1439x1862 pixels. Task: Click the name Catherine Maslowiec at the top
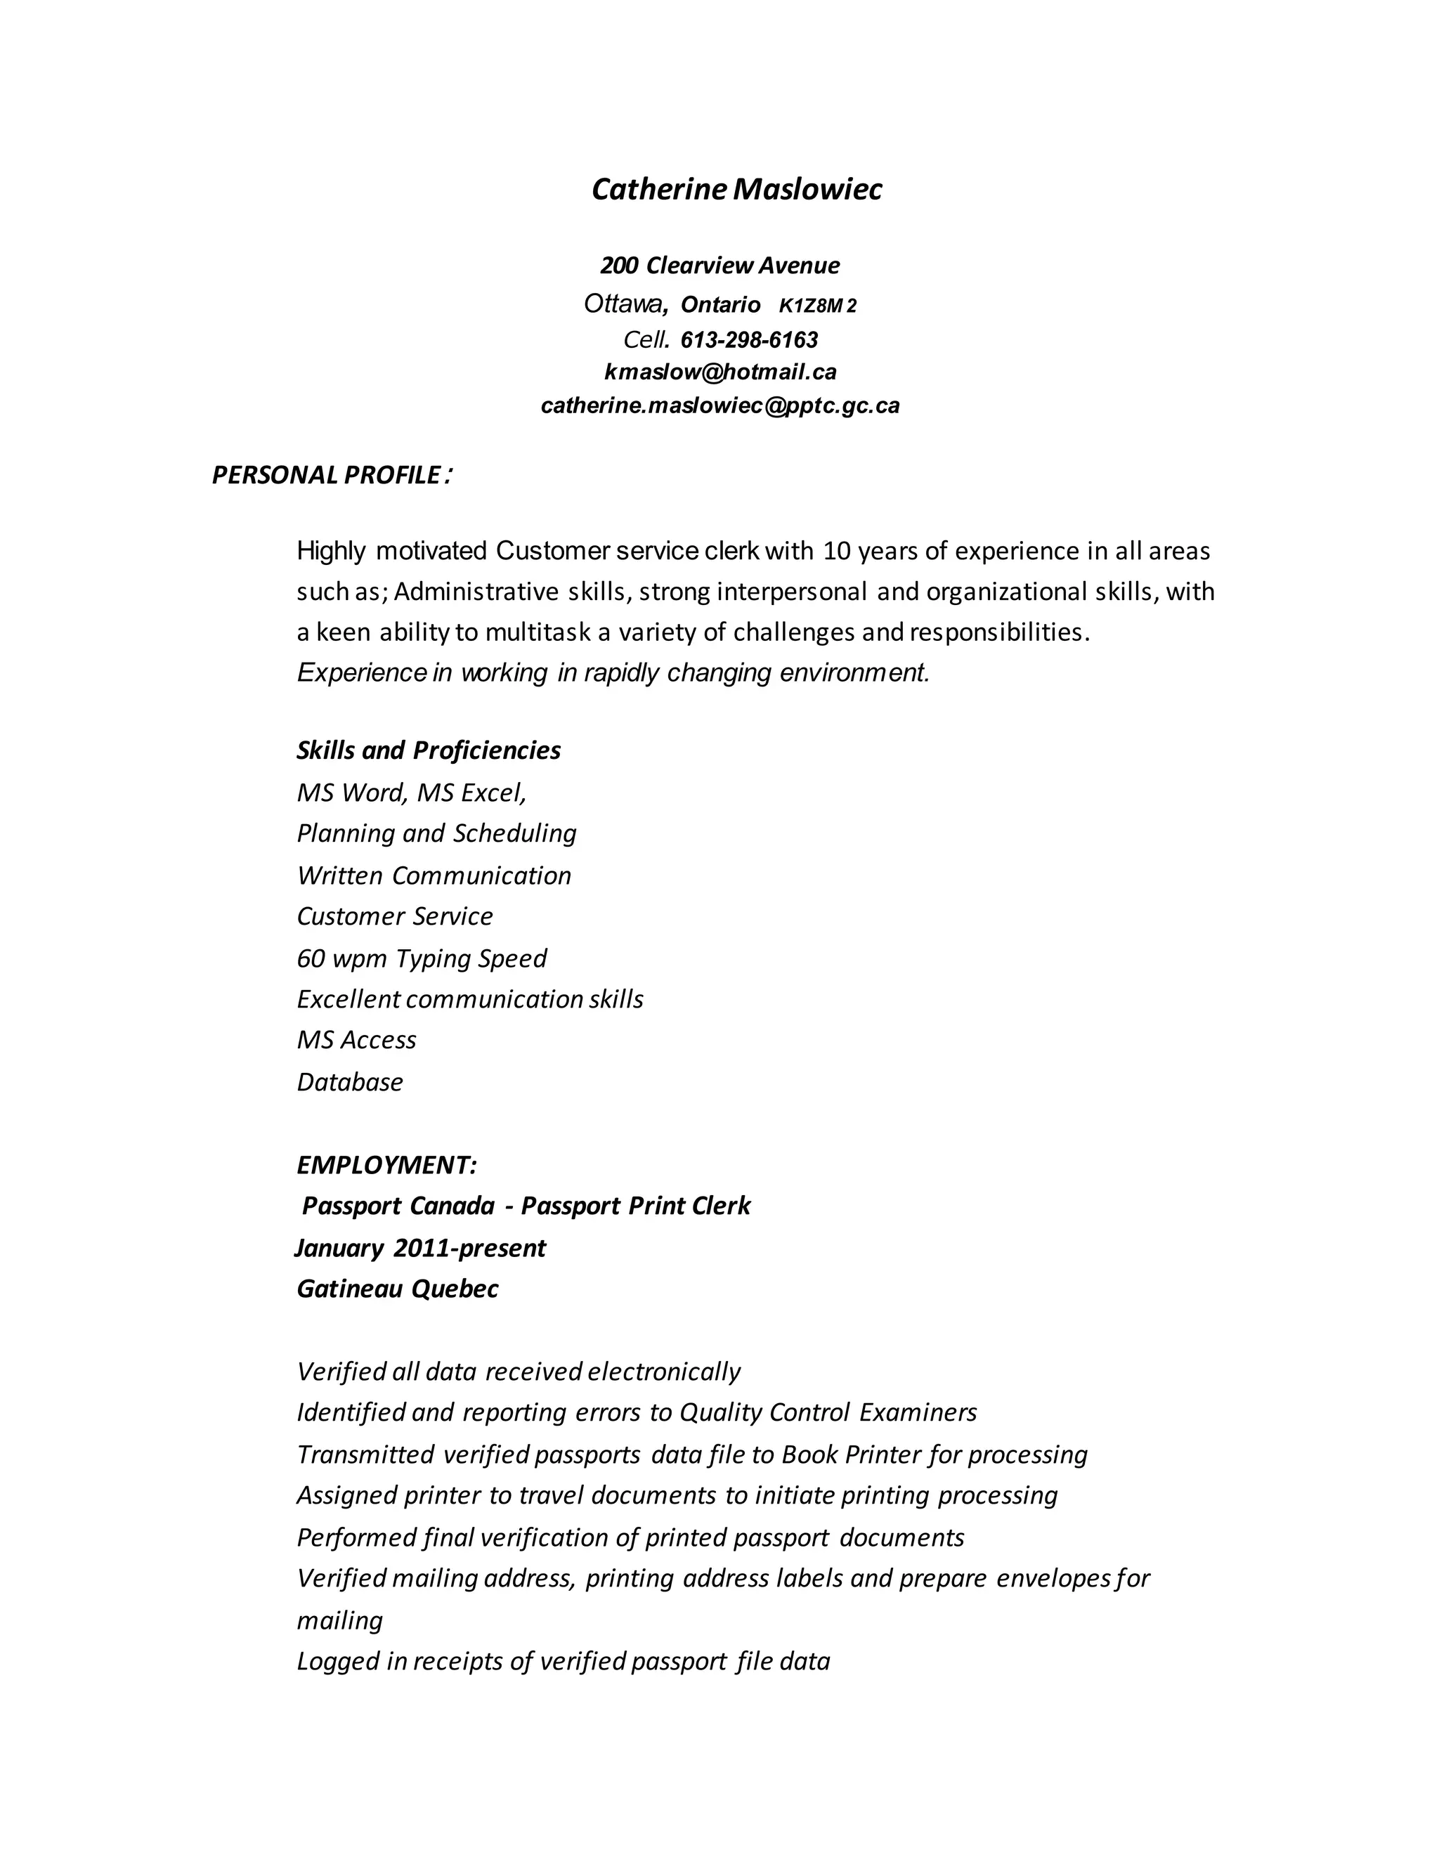click(736, 189)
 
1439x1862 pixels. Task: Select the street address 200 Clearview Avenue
click(719, 266)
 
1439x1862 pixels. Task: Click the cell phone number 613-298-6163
click(748, 340)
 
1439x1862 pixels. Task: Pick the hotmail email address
click(719, 372)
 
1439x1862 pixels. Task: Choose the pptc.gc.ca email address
click(719, 406)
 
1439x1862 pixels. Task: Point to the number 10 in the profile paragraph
click(837, 552)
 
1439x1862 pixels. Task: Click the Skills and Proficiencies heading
click(428, 750)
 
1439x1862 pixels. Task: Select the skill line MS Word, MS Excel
click(411, 793)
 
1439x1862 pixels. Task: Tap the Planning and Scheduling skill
click(436, 833)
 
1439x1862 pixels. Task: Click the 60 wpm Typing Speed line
click(421, 958)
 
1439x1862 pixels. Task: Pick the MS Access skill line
click(356, 1040)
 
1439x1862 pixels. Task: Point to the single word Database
click(349, 1082)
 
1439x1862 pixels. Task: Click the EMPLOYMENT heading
click(386, 1164)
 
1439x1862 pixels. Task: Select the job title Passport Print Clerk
click(635, 1206)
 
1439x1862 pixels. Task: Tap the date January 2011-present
click(420, 1248)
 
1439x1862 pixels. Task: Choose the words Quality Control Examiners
click(827, 1413)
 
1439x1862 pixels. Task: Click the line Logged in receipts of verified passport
click(563, 1661)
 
